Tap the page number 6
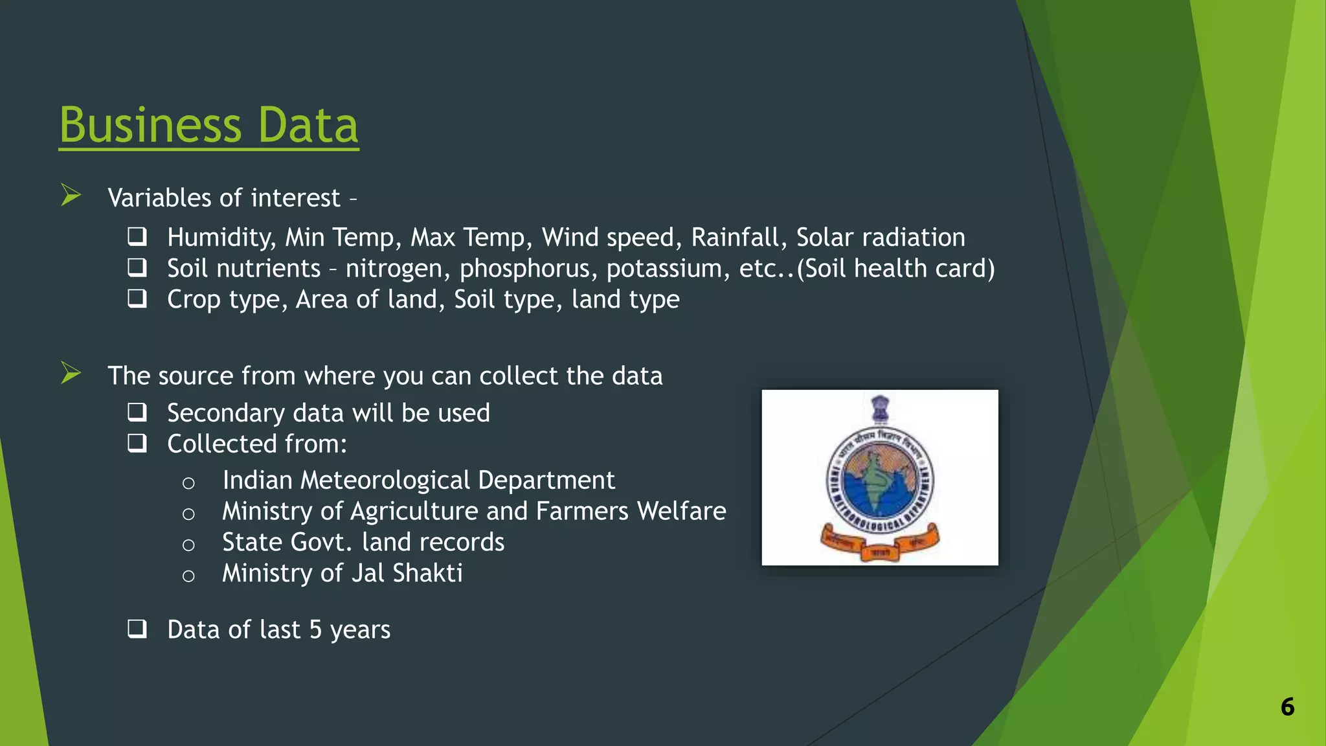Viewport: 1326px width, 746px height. pos(1287,706)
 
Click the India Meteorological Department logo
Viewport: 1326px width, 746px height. pos(879,477)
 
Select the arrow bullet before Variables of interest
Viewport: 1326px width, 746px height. pos(71,195)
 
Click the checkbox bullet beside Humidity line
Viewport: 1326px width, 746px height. pos(137,236)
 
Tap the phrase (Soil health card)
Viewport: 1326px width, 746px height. pos(896,268)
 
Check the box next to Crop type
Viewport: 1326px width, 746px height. pos(137,299)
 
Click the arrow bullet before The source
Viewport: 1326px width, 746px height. pos(71,373)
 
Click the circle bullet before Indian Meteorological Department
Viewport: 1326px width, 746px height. pos(188,483)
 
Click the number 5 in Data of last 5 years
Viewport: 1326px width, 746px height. pos(315,629)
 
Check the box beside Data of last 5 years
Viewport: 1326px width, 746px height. pos(137,628)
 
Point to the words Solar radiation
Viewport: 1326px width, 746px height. pos(880,237)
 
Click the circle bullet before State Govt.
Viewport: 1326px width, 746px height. pos(188,545)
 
